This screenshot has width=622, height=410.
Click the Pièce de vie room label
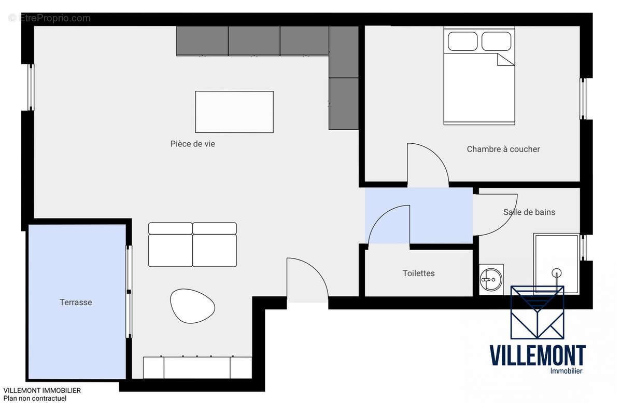pyautogui.click(x=192, y=144)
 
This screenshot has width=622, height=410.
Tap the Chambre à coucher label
pyautogui.click(x=503, y=149)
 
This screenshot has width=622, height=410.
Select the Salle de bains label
pyautogui.click(x=529, y=212)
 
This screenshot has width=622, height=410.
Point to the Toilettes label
pyautogui.click(x=418, y=273)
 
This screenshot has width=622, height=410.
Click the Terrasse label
pyautogui.click(x=76, y=302)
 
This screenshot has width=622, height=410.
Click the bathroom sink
pyautogui.click(x=491, y=279)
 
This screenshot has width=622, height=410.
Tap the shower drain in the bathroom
pyautogui.click(x=557, y=272)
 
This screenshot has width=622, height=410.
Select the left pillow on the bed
pyautogui.click(x=462, y=41)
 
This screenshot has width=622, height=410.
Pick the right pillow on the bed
pyautogui.click(x=496, y=41)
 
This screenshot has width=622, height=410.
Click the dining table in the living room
pyautogui.click(x=234, y=112)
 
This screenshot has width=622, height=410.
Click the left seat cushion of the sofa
pyautogui.click(x=171, y=250)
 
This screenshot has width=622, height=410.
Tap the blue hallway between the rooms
pyautogui.click(x=441, y=215)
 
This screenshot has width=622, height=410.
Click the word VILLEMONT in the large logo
pyautogui.click(x=538, y=356)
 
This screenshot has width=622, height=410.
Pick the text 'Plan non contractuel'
pyautogui.click(x=35, y=399)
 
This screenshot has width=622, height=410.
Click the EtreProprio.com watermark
pyautogui.click(x=50, y=18)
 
